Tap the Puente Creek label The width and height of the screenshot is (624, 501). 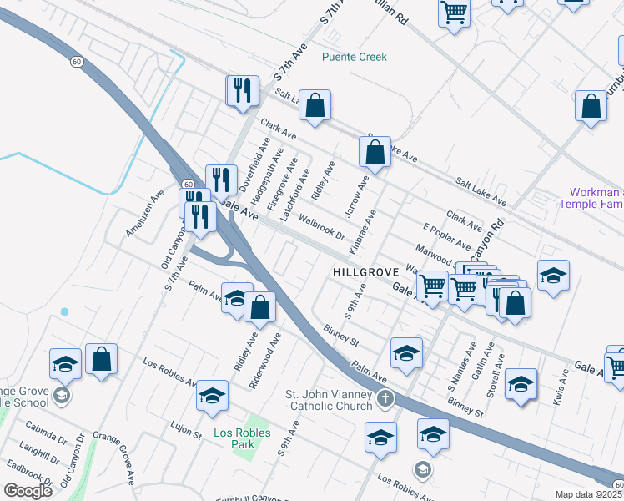355,57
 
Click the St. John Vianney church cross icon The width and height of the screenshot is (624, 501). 385,399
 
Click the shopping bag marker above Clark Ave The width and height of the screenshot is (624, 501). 315,106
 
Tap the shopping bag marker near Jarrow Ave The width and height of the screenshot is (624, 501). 375,153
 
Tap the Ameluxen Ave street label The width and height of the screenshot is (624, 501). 139,218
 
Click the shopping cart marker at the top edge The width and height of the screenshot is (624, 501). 454,12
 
